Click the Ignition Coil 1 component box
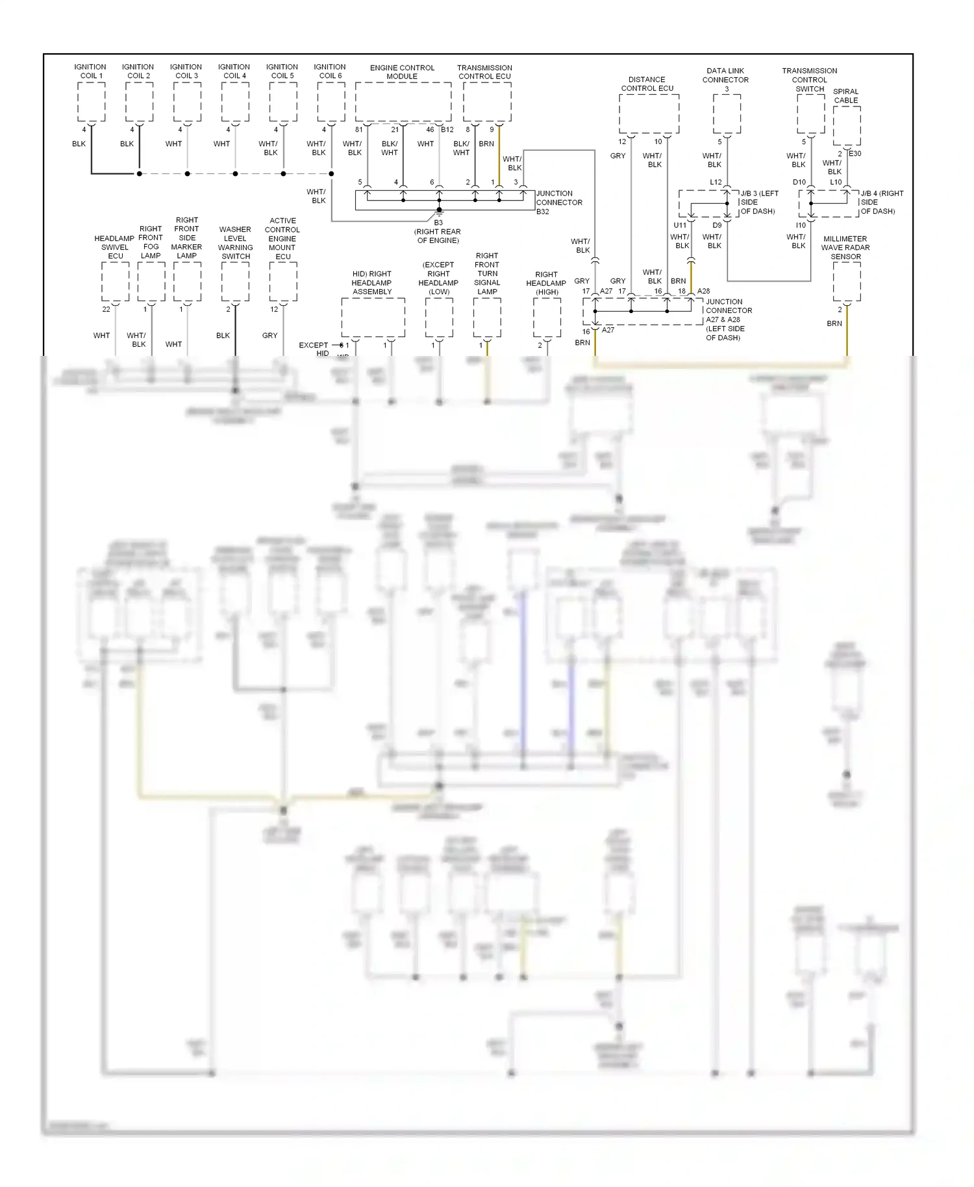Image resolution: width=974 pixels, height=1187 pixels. coord(91,101)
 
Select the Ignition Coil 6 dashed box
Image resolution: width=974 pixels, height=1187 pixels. coord(331,101)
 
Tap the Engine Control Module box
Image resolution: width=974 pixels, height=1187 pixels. coord(403,101)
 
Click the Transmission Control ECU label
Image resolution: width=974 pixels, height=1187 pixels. coord(484,71)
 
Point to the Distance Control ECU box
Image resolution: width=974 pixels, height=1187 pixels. coord(649,114)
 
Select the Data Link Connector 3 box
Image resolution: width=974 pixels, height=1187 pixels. coord(727,114)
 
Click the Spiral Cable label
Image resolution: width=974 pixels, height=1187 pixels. coord(845,95)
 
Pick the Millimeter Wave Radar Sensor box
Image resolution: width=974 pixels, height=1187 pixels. coord(846,282)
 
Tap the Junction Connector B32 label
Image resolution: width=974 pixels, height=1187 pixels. coord(558,202)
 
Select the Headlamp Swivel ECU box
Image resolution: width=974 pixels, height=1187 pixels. coord(115,282)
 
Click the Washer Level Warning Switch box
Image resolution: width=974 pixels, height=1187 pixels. coord(235,282)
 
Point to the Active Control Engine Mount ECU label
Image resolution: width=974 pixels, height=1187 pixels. coord(282,238)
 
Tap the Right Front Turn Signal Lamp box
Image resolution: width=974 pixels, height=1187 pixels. coord(487,318)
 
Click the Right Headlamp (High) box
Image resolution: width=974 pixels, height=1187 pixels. coord(547,318)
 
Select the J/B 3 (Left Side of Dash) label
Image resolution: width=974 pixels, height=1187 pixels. coord(758,202)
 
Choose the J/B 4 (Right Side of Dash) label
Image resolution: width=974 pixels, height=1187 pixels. coord(881,202)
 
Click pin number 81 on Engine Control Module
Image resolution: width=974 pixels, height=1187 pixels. coord(358,129)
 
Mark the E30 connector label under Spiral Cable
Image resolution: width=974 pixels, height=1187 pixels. coord(855,154)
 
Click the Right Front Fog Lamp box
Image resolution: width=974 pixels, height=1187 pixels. coord(151,282)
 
